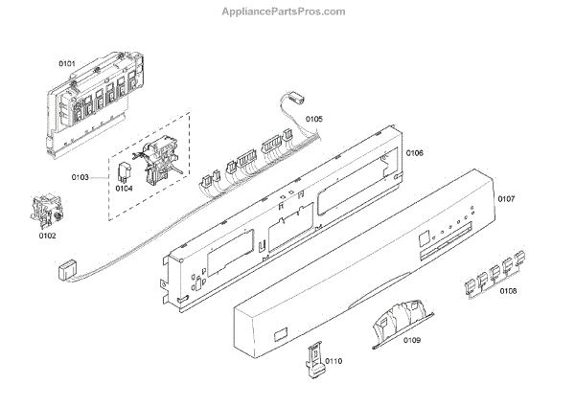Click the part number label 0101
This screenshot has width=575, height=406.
(66, 63)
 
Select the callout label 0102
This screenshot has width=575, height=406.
(47, 235)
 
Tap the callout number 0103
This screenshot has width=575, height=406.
(80, 177)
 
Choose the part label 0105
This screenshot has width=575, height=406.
(314, 120)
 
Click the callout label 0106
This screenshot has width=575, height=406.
(414, 153)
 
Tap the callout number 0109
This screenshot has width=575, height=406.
(412, 340)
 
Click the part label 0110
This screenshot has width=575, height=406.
(333, 360)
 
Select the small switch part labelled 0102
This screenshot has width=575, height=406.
(43, 212)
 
